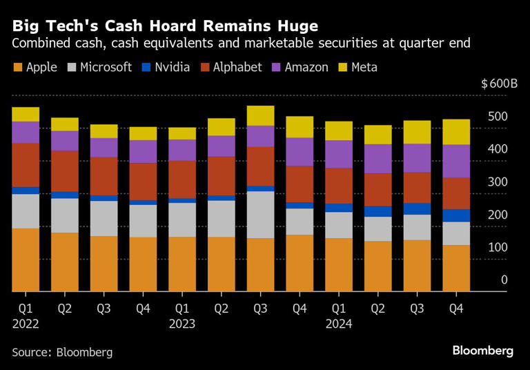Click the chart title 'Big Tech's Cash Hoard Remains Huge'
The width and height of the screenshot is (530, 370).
(165, 26)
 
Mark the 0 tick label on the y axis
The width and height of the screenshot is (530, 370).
(504, 280)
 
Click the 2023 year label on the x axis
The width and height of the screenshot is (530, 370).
(182, 323)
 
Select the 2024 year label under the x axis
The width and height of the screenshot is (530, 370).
(339, 323)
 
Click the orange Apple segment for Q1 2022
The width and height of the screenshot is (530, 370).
(26, 260)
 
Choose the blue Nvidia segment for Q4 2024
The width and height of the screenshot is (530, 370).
(456, 215)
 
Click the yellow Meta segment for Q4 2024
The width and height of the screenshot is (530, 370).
(456, 132)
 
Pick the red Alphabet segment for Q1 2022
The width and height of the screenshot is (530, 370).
(26, 165)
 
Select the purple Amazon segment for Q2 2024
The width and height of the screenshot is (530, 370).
(377, 159)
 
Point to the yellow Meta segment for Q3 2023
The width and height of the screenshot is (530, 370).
(260, 115)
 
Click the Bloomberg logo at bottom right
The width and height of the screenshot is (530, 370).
(482, 351)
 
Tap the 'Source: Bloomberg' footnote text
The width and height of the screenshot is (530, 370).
(62, 352)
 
